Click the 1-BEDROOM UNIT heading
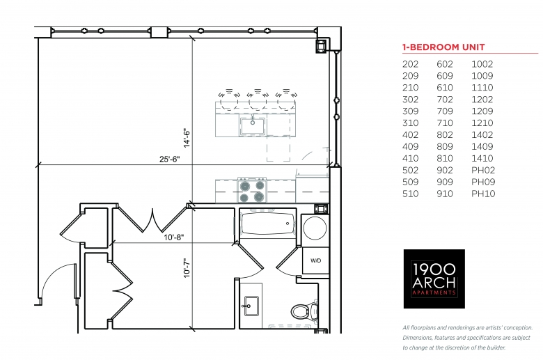443,47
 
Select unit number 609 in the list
445,76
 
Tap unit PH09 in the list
483,182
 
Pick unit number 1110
482,88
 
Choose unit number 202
410,64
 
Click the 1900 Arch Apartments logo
434,279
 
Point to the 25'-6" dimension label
170,159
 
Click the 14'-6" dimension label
187,139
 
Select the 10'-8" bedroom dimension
174,237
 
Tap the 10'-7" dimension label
187,268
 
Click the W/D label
315,260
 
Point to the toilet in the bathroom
304,311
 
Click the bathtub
267,224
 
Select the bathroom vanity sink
251,306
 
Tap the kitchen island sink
253,126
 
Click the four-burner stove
252,191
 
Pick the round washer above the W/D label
315,228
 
